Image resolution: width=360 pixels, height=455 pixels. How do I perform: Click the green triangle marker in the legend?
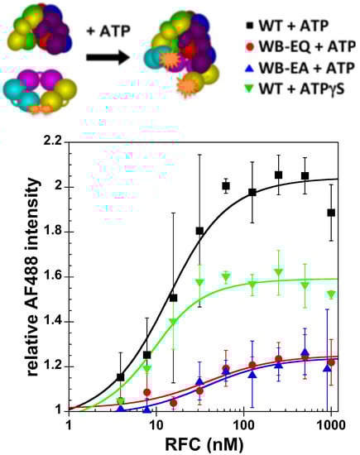pyautogui.click(x=241, y=89)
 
